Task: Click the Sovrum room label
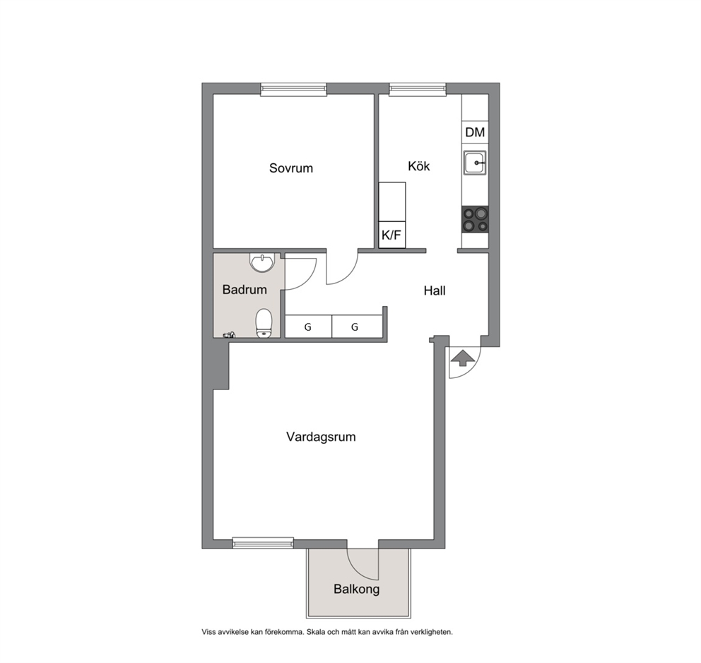coord(290,168)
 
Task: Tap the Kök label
coord(418,166)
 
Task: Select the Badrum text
coord(245,290)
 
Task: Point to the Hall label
coord(435,291)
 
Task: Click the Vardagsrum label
coord(321,437)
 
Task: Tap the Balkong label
coord(356,589)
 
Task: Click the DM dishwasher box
coord(475,132)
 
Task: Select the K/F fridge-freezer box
coord(392,235)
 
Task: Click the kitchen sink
coord(475,163)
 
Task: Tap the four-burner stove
coord(475,220)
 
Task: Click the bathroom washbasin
coord(262,263)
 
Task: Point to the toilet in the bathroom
coord(264,323)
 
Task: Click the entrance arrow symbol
coord(463,358)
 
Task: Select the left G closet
coord(309,327)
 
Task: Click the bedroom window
coord(294,89)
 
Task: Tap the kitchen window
coord(418,89)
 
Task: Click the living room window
coord(263,543)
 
